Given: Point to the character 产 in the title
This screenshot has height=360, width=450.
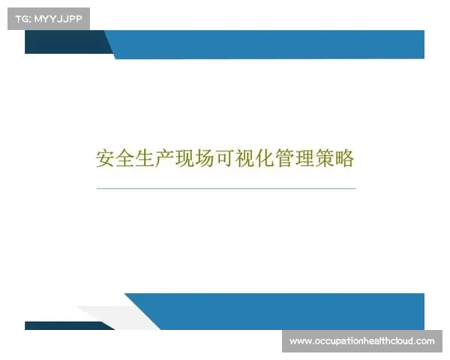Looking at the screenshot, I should tap(166, 159).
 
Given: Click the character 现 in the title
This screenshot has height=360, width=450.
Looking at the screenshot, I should tap(185, 159).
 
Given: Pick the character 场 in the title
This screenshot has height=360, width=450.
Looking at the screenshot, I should tap(205, 159).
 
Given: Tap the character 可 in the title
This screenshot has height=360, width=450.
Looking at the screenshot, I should tap(225, 159).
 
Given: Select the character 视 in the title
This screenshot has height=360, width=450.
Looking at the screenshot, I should tap(244, 159).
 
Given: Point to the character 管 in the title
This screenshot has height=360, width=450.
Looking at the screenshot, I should tap(284, 159).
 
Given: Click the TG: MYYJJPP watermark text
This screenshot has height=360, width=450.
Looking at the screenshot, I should tap(48, 18).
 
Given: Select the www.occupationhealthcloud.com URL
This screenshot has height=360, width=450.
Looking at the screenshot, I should tap(361, 341).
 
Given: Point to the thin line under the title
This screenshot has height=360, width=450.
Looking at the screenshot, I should tap(225, 188).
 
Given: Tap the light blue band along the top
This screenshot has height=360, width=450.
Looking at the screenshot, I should tap(270, 44).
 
